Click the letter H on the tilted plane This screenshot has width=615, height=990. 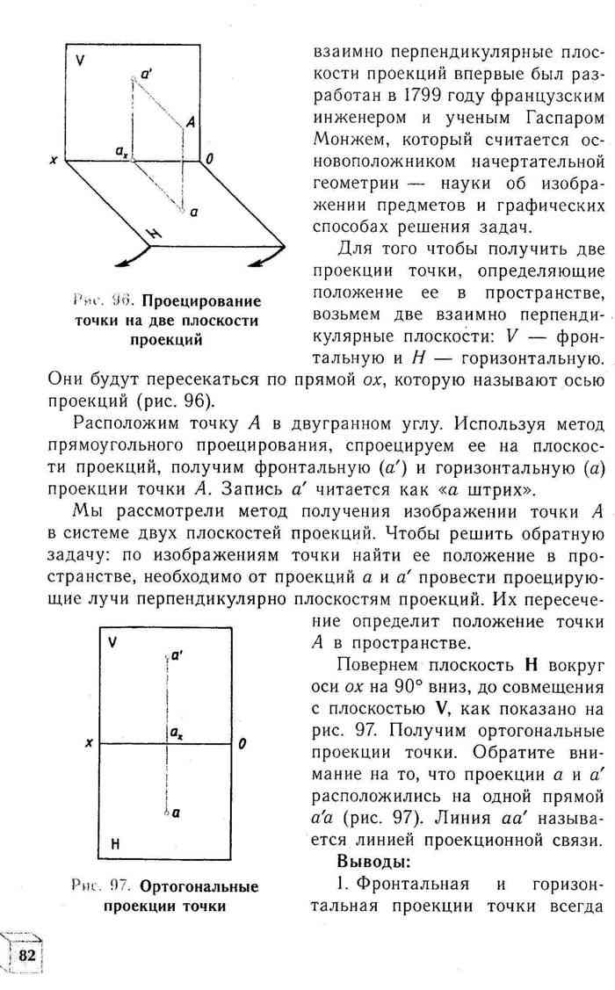154,233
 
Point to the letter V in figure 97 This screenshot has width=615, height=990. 112,642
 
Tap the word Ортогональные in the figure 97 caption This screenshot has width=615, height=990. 199,886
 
